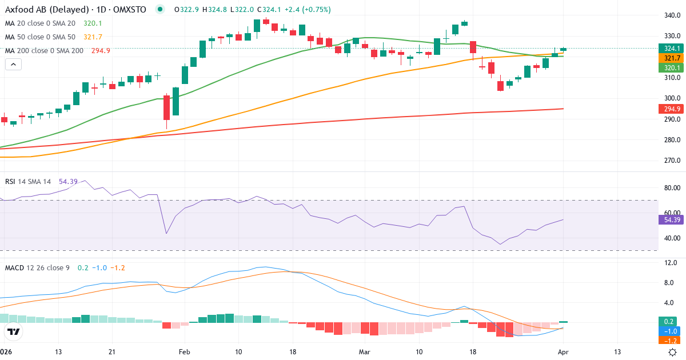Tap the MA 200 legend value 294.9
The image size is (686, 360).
pyautogui.click(x=101, y=51)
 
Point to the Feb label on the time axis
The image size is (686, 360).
pyautogui.click(x=184, y=352)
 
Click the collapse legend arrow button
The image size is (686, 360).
pyautogui.click(x=13, y=65)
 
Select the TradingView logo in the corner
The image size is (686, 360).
pyautogui.click(x=14, y=331)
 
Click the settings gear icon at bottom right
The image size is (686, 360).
pyautogui.click(x=673, y=352)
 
